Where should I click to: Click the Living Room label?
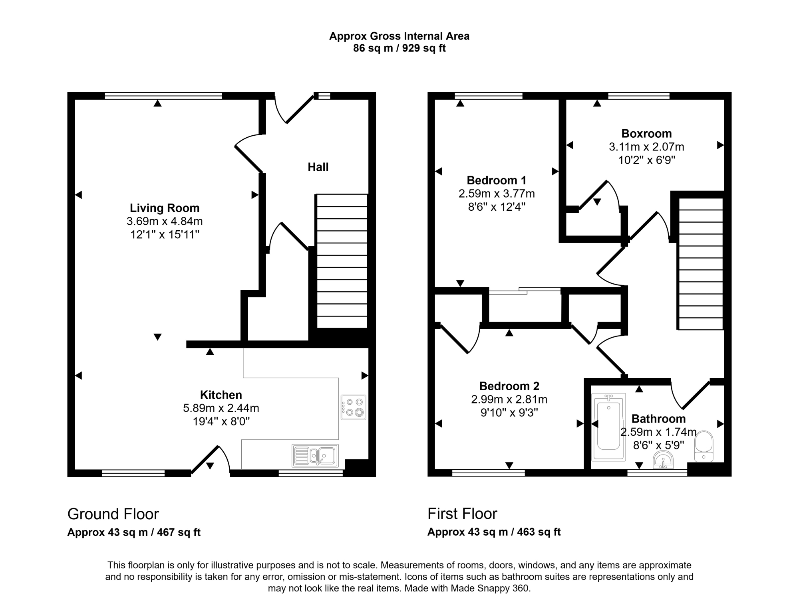click(165, 208)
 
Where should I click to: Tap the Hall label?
click(318, 167)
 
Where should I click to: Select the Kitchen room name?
click(221, 395)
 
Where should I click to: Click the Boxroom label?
click(646, 133)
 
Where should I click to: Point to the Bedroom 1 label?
click(497, 180)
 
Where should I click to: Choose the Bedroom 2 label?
click(509, 386)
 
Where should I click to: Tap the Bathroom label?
click(658, 419)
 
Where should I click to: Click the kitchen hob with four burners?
click(354, 407)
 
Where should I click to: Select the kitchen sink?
click(315, 456)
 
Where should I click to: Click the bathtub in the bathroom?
click(608, 427)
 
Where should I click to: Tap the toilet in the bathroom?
click(704, 446)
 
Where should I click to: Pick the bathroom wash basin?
click(663, 460)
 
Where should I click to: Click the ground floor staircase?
click(342, 261)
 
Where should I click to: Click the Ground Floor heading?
click(113, 514)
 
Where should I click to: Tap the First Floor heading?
click(462, 514)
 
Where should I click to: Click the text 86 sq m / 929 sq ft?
click(399, 48)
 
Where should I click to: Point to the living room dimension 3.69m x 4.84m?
click(165, 221)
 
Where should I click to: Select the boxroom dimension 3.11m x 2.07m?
click(646, 147)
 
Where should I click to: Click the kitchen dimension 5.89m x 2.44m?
click(221, 408)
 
